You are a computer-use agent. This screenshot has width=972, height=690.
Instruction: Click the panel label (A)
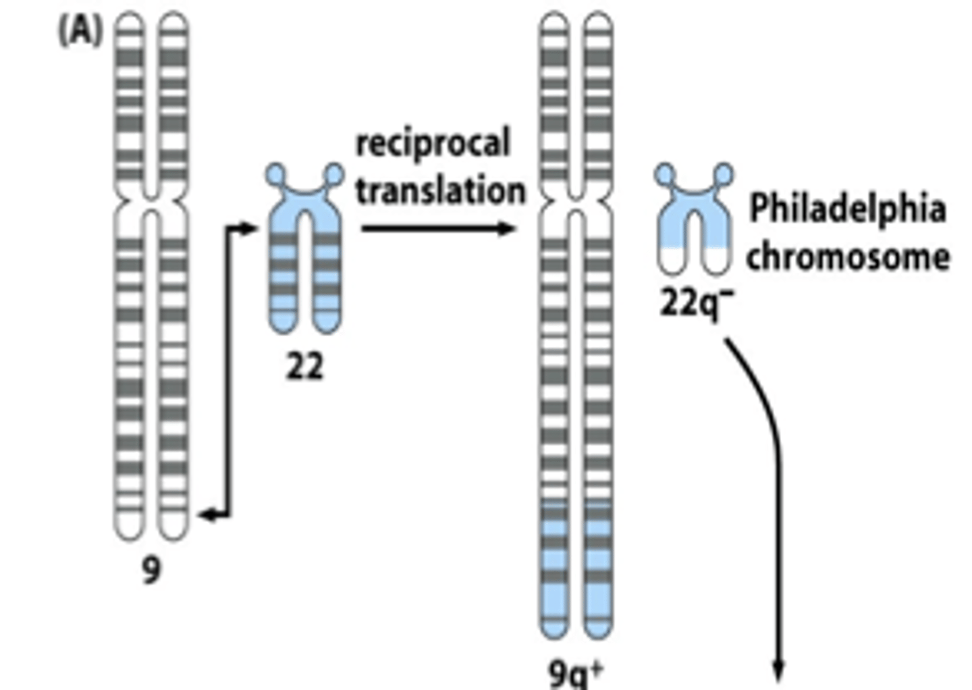(x=80, y=31)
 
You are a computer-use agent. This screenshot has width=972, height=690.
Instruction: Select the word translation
(x=440, y=191)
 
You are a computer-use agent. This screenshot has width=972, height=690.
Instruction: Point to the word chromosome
(x=848, y=257)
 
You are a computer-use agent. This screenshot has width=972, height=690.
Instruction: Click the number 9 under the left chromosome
(x=151, y=570)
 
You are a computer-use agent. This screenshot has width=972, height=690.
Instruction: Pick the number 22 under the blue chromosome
(x=304, y=368)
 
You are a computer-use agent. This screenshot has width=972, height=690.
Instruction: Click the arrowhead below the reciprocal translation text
(x=508, y=229)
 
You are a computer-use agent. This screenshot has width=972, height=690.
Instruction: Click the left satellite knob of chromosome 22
(x=275, y=174)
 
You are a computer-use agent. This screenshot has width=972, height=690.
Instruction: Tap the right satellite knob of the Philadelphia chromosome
(x=723, y=174)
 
